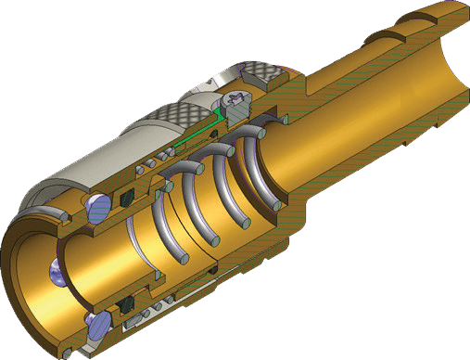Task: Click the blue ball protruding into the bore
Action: pos(58,272)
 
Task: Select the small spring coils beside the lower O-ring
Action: pos(148,307)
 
